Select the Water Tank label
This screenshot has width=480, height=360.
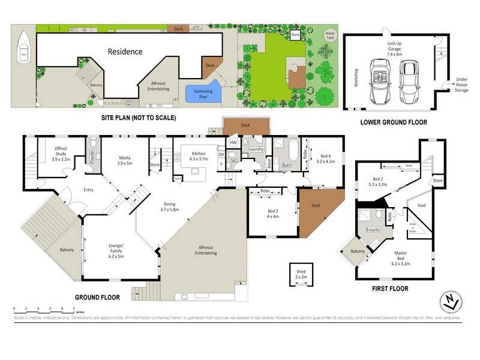(x=329, y=35)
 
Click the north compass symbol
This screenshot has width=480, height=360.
(x=451, y=301)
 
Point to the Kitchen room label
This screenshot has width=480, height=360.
(x=198, y=157)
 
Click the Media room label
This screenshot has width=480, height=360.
(x=125, y=159)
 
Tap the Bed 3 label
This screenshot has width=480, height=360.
(x=273, y=214)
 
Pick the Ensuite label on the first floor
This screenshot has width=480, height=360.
(x=373, y=230)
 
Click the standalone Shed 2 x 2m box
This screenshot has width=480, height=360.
(x=301, y=275)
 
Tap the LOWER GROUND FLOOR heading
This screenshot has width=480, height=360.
(x=394, y=122)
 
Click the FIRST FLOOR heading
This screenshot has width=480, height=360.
(x=390, y=289)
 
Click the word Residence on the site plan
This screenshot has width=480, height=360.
(x=125, y=52)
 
